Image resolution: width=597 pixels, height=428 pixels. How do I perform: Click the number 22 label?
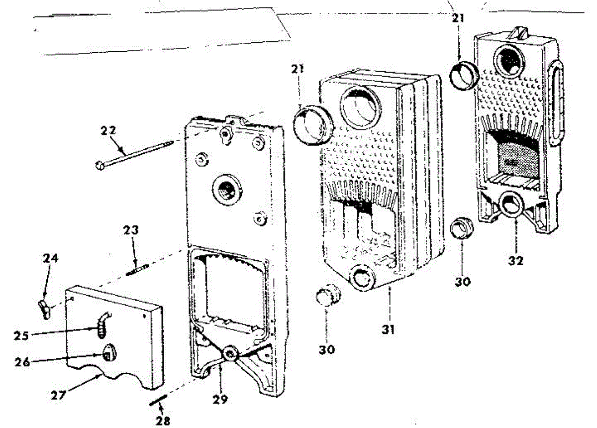(x=108, y=131)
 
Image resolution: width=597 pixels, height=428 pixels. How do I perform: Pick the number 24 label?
(x=50, y=258)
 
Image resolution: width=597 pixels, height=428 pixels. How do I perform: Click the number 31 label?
(x=389, y=329)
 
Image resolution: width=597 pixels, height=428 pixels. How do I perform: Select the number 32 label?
(x=516, y=260)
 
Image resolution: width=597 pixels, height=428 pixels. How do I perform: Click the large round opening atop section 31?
(x=359, y=106)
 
